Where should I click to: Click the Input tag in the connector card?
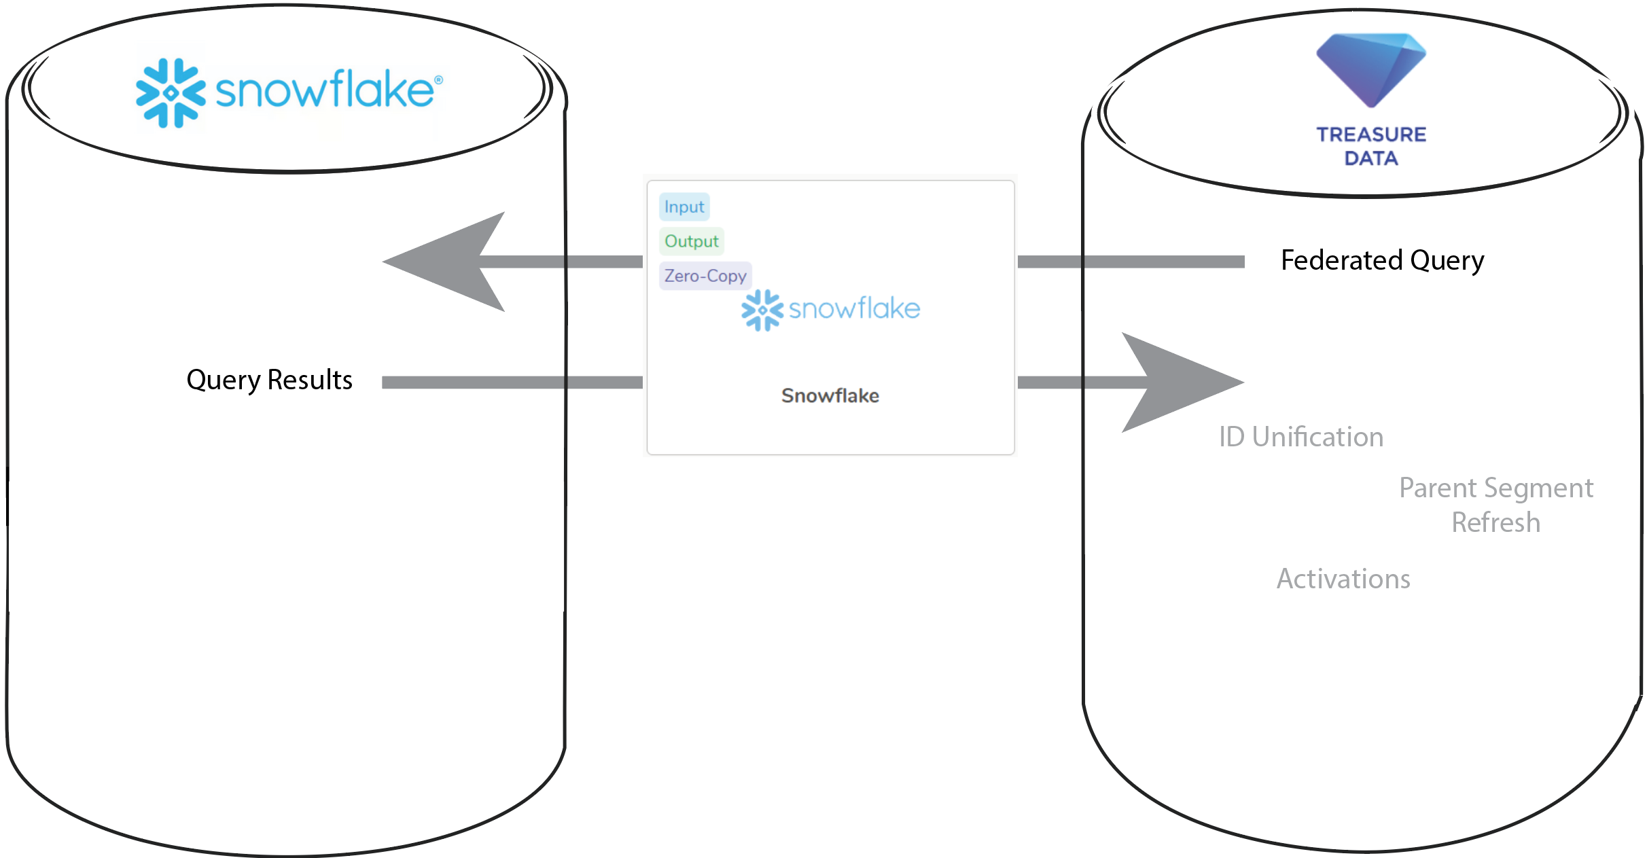[x=684, y=207]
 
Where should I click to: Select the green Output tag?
[x=691, y=241]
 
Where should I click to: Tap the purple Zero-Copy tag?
[x=705, y=276]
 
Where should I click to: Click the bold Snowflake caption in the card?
[x=830, y=395]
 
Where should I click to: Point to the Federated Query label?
[x=1382, y=260]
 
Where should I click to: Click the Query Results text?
[x=269, y=380]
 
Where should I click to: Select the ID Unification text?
[x=1300, y=437]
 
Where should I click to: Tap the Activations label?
[x=1343, y=579]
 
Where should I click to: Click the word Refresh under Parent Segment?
[x=1495, y=522]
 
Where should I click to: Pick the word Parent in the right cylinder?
[x=1438, y=488]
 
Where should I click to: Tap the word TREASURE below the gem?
[x=1371, y=135]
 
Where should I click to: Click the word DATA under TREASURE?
[x=1371, y=158]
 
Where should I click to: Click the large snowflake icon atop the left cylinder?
[x=171, y=93]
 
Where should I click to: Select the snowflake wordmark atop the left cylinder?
[x=324, y=90]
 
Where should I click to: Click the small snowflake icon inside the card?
[x=762, y=310]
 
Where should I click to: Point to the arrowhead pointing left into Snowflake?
[x=448, y=262]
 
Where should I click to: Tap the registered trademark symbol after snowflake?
[x=438, y=80]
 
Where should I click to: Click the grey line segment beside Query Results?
[x=510, y=382]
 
